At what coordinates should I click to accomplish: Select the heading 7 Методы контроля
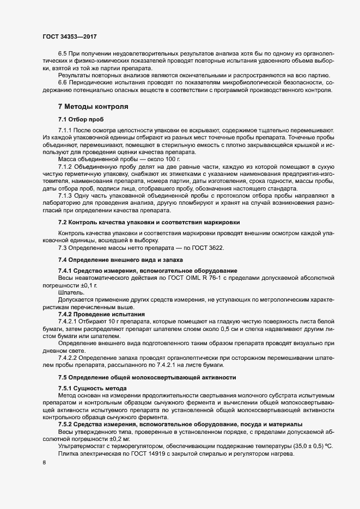tap(93, 106)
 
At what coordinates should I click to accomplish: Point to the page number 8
tap(44, 463)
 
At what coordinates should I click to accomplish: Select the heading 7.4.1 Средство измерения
tap(147, 271)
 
